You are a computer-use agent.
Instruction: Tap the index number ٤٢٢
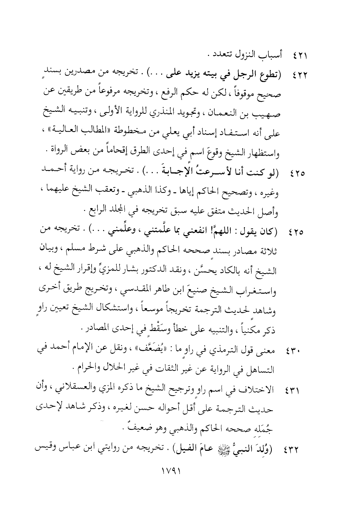point(300,74)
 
